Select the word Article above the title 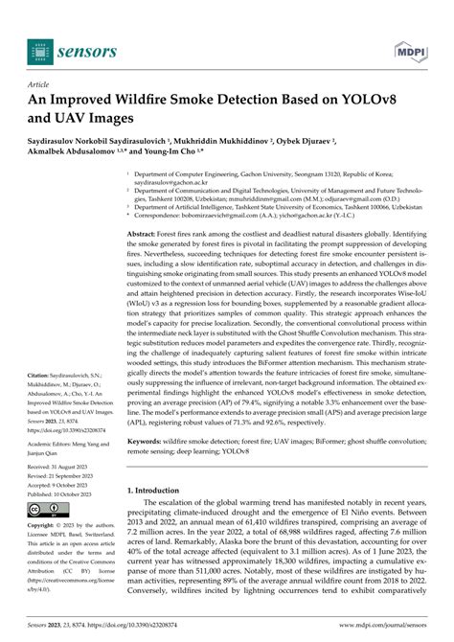[x=43, y=84]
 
